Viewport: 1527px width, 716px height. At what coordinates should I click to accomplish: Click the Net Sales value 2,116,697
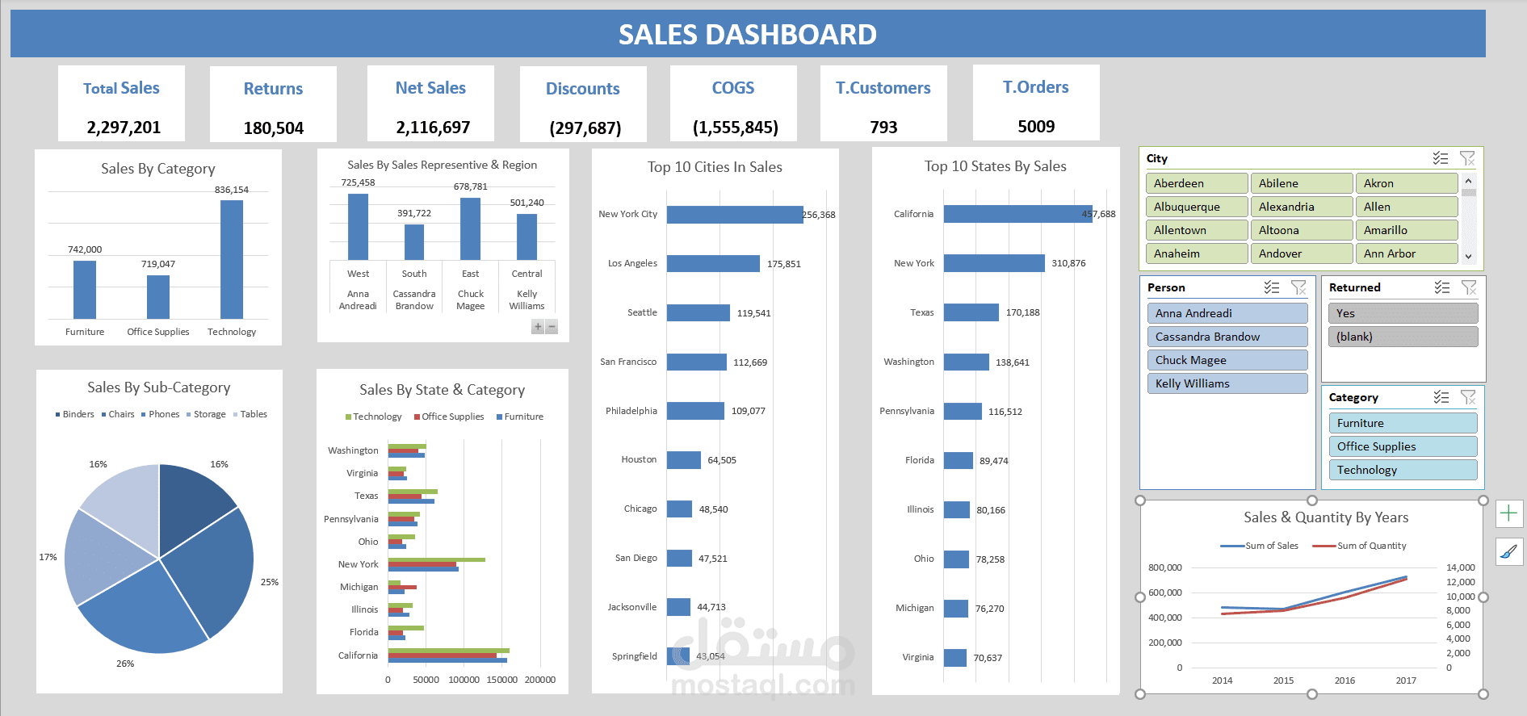[432, 128]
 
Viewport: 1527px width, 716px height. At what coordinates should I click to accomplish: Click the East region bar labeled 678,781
[470, 228]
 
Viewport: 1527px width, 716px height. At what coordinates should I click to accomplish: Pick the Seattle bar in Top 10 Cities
[698, 312]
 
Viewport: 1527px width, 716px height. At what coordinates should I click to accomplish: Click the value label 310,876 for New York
[1068, 264]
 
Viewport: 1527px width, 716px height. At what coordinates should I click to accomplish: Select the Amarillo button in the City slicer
[1405, 230]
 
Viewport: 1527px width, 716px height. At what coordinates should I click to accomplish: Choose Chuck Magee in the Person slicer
[1226, 360]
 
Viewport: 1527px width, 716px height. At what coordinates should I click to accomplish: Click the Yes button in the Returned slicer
[1402, 313]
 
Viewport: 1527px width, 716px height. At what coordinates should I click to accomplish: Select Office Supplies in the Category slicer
[1402, 446]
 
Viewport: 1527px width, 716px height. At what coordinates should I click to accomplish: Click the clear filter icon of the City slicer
[1467, 158]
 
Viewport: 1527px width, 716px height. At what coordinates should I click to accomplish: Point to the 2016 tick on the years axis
[1345, 680]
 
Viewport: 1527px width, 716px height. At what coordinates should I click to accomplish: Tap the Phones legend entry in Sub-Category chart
[163, 414]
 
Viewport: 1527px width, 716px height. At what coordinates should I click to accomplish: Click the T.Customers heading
[883, 88]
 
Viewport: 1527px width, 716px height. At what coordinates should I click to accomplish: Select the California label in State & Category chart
[358, 655]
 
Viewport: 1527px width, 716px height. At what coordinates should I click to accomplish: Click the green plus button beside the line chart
[1508, 513]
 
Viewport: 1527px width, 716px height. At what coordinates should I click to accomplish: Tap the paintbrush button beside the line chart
[1508, 552]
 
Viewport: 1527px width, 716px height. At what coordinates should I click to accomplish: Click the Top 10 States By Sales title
[995, 166]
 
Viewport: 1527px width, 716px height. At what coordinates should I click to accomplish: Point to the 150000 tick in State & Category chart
[501, 680]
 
